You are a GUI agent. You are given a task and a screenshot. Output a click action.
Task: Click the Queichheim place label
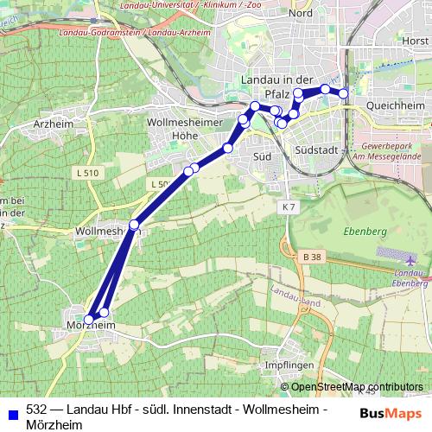coord(397,104)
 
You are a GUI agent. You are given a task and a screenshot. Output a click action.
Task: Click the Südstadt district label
coord(314,149)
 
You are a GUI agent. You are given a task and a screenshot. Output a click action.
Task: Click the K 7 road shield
coord(288,208)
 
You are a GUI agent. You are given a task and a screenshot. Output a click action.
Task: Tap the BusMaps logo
coord(391,413)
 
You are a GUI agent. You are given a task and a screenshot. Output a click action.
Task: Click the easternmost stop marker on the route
coord(344,93)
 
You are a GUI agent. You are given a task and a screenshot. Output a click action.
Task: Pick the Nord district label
coord(300,14)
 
